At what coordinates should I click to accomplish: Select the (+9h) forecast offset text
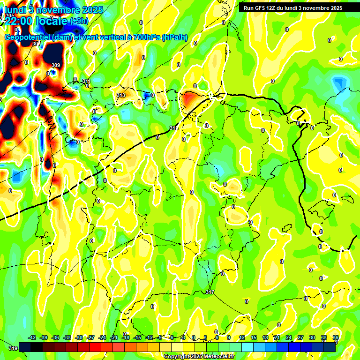pyautogui.click(x=78, y=21)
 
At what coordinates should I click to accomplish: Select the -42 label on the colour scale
pyautogui.click(x=32, y=337)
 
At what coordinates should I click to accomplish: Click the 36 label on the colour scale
pyautogui.click(x=335, y=337)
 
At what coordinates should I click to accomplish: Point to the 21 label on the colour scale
pyautogui.click(x=277, y=337)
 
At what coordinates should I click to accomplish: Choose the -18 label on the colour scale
pyautogui.click(x=126, y=337)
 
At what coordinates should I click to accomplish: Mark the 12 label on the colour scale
pyautogui.click(x=242, y=337)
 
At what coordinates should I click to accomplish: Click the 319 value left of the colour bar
pyautogui.click(x=13, y=348)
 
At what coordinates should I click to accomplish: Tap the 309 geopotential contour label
pyautogui.click(x=56, y=65)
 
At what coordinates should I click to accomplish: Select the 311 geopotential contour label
pyautogui.click(x=86, y=82)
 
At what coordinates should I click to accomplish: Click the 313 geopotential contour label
pyautogui.click(x=121, y=95)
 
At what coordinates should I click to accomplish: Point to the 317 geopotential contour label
pyautogui.click(x=210, y=292)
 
